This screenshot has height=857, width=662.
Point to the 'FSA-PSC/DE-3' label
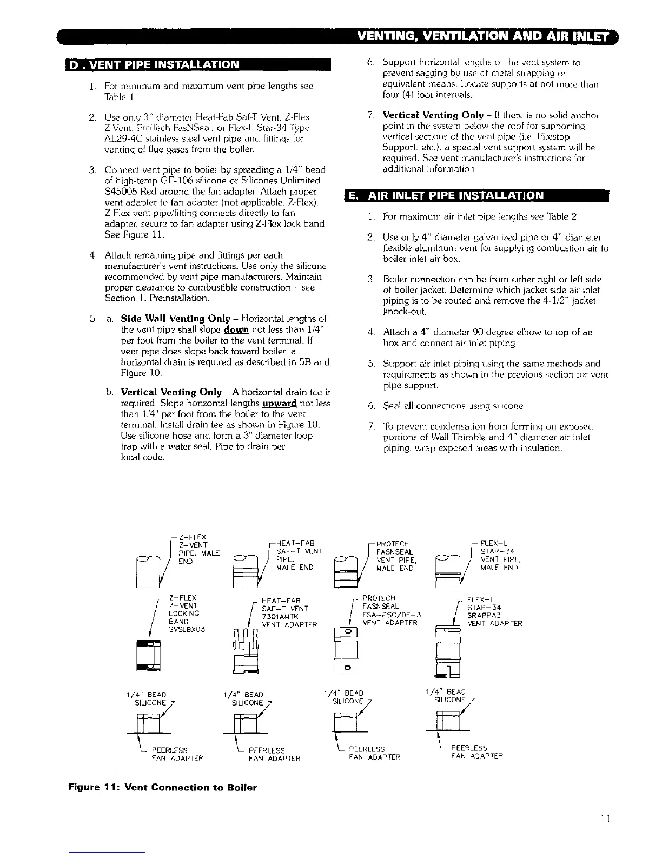(392, 615)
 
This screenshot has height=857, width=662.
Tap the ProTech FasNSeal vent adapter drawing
(344, 651)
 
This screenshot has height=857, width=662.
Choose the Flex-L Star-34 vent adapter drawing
(447, 652)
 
